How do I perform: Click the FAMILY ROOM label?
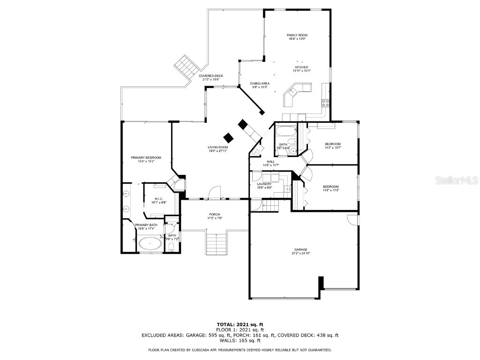pyautogui.click(x=297, y=35)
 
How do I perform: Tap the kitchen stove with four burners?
pyautogui.click(x=324, y=104)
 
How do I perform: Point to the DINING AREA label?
pyautogui.click(x=259, y=83)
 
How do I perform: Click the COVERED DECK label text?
pyautogui.click(x=211, y=76)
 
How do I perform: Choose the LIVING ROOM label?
pyautogui.click(x=218, y=147)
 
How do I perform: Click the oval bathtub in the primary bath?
pyautogui.click(x=150, y=243)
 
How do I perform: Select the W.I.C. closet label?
pyautogui.click(x=158, y=199)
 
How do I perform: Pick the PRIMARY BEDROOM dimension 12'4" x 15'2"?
pyautogui.click(x=146, y=162)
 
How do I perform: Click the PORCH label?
pyautogui.click(x=215, y=214)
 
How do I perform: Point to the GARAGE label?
pyautogui.click(x=300, y=249)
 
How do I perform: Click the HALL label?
pyautogui.click(x=271, y=161)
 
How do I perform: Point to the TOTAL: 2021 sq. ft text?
pyautogui.click(x=240, y=324)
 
